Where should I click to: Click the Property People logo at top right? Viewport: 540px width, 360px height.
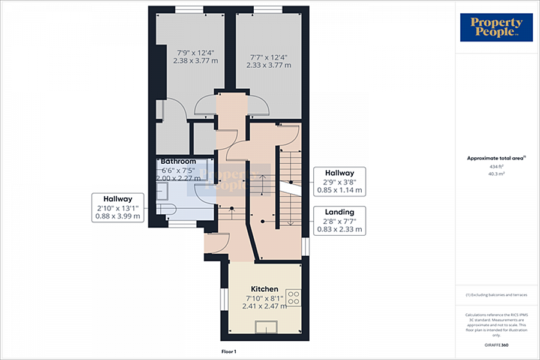point(496,27)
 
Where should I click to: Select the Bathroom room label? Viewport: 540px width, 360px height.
point(178,161)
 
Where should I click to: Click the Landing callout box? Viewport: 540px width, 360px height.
point(339,220)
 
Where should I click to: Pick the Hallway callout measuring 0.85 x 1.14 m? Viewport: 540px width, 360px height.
point(339,181)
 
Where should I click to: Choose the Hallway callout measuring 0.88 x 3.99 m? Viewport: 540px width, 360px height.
point(118,208)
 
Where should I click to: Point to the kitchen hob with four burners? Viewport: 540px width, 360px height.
point(294,297)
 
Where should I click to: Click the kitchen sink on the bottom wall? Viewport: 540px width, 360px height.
point(266,326)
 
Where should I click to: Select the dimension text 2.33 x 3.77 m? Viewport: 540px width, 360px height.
point(268,65)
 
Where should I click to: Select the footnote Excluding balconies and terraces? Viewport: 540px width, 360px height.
point(496,295)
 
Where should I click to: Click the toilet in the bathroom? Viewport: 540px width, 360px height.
point(166,208)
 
